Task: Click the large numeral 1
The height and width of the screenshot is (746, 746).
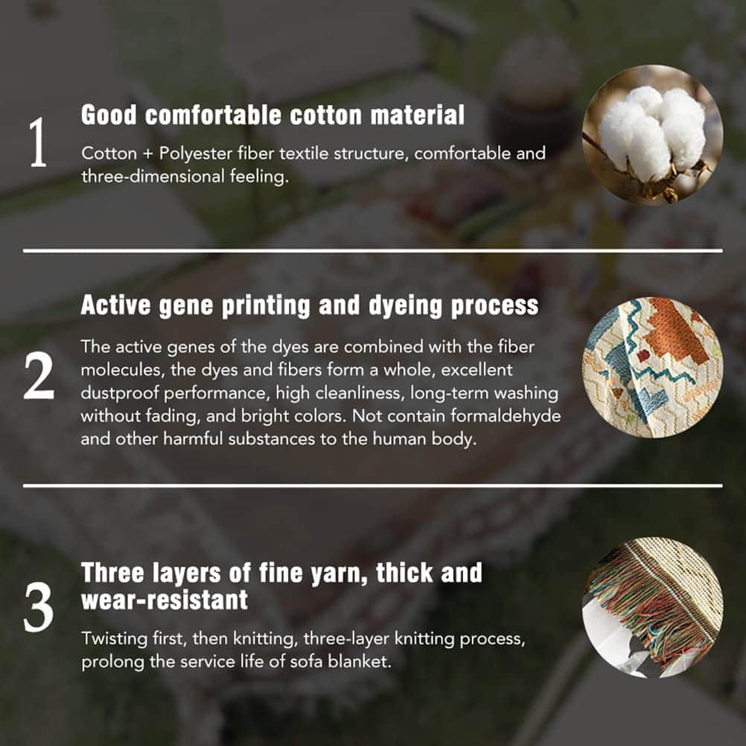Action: point(38,142)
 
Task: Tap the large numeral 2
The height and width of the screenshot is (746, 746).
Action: point(39,377)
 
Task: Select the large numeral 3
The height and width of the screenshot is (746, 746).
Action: point(39,608)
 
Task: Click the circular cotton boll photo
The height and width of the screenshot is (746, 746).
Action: point(652,135)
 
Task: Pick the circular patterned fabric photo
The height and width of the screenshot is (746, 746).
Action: point(652,367)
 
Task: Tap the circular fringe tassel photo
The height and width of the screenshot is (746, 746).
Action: point(652,608)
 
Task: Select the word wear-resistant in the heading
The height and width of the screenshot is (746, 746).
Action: point(165,600)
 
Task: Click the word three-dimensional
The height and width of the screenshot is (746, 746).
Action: point(153,177)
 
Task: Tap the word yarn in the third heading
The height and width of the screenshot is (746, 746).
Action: point(339,574)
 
